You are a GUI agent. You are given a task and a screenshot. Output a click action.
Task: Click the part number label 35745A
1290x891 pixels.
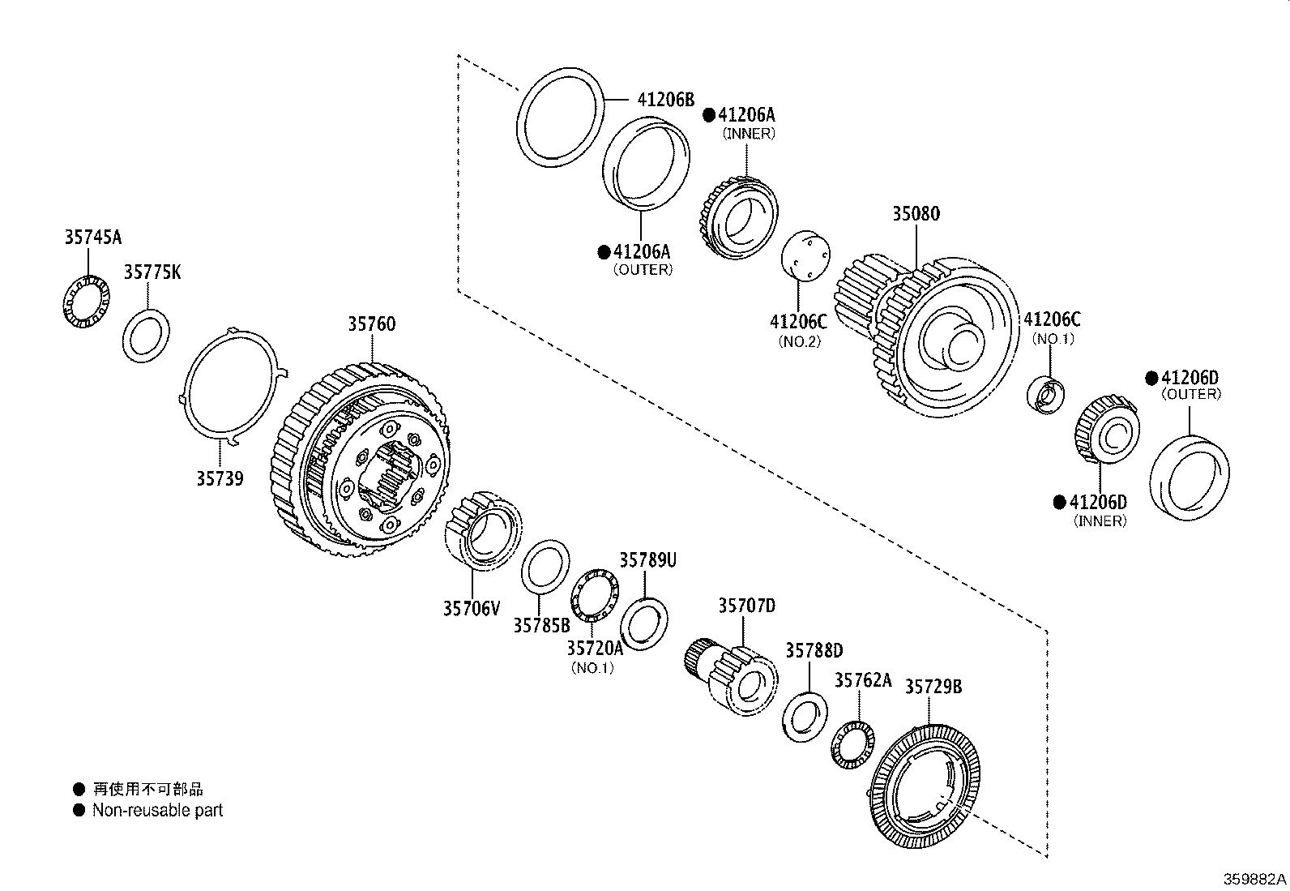[x=92, y=237]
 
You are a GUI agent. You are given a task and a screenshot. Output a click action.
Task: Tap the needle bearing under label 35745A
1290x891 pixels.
[x=86, y=302]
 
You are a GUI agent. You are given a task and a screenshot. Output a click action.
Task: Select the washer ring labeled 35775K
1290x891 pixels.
[x=146, y=336]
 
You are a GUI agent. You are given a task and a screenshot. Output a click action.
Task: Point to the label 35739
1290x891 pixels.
[x=219, y=478]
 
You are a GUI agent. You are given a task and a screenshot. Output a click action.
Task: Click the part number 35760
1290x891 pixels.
[x=372, y=324]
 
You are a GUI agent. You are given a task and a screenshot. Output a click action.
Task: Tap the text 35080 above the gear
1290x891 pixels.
[x=916, y=214]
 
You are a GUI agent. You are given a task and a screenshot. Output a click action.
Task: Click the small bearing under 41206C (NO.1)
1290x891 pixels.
[x=1048, y=394]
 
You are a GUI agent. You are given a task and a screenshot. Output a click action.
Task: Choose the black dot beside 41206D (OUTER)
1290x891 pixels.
[x=1151, y=378]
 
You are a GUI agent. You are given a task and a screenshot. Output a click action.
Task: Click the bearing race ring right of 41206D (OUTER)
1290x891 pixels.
[x=1189, y=478]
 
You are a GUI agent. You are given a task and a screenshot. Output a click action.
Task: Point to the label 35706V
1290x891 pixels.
[x=472, y=607]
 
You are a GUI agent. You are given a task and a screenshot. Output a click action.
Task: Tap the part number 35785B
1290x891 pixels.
[x=541, y=625]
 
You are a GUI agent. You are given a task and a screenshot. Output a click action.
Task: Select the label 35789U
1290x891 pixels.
[x=647, y=560]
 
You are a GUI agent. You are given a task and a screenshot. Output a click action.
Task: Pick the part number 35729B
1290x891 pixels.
[x=933, y=687]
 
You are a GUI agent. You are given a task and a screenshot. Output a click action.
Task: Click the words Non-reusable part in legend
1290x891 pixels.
[x=157, y=810]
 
